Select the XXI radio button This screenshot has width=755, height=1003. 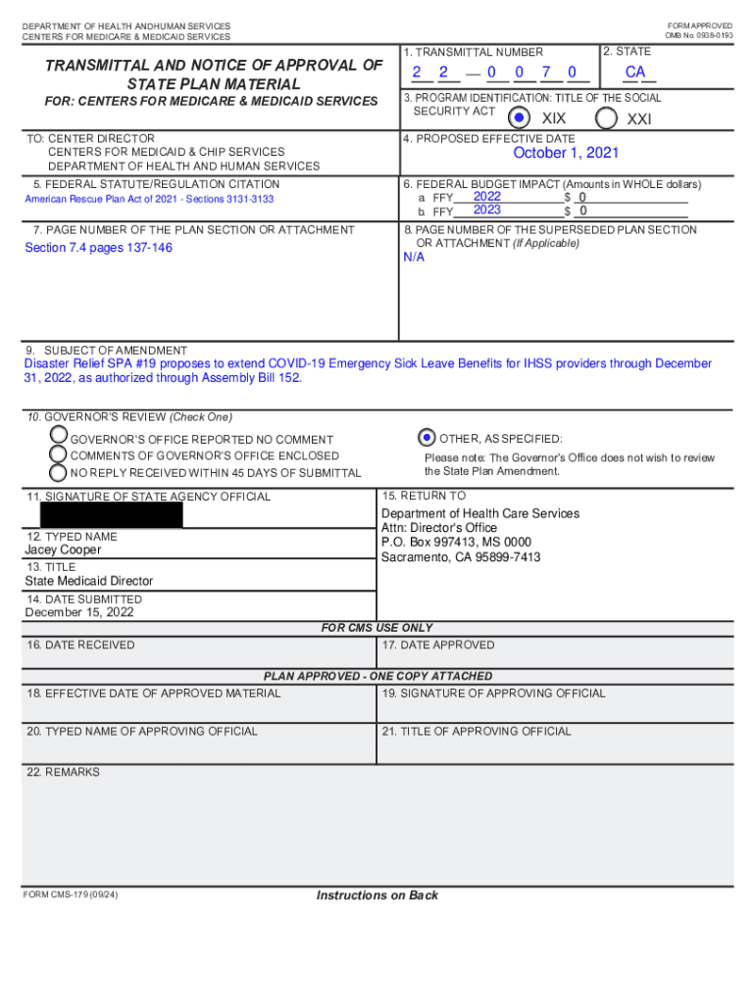(x=606, y=118)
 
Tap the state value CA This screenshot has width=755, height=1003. (x=635, y=72)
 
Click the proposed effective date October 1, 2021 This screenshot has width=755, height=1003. (x=566, y=154)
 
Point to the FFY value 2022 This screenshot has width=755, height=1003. (x=487, y=197)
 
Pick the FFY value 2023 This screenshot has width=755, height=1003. (x=487, y=210)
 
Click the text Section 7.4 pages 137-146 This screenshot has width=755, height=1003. (x=98, y=248)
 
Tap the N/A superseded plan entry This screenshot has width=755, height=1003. (x=414, y=258)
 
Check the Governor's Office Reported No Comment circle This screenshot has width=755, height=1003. (x=59, y=434)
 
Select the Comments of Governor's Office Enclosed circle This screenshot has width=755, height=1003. (x=59, y=454)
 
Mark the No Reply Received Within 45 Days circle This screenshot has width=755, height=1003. (x=59, y=472)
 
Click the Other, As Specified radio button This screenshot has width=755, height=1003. (x=427, y=438)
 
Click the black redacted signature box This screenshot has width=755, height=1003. (x=112, y=515)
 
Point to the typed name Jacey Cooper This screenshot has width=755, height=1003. (x=63, y=550)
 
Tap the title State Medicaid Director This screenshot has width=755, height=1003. (x=89, y=581)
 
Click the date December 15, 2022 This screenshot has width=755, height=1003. (x=79, y=612)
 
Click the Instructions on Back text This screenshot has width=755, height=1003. (x=377, y=895)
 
